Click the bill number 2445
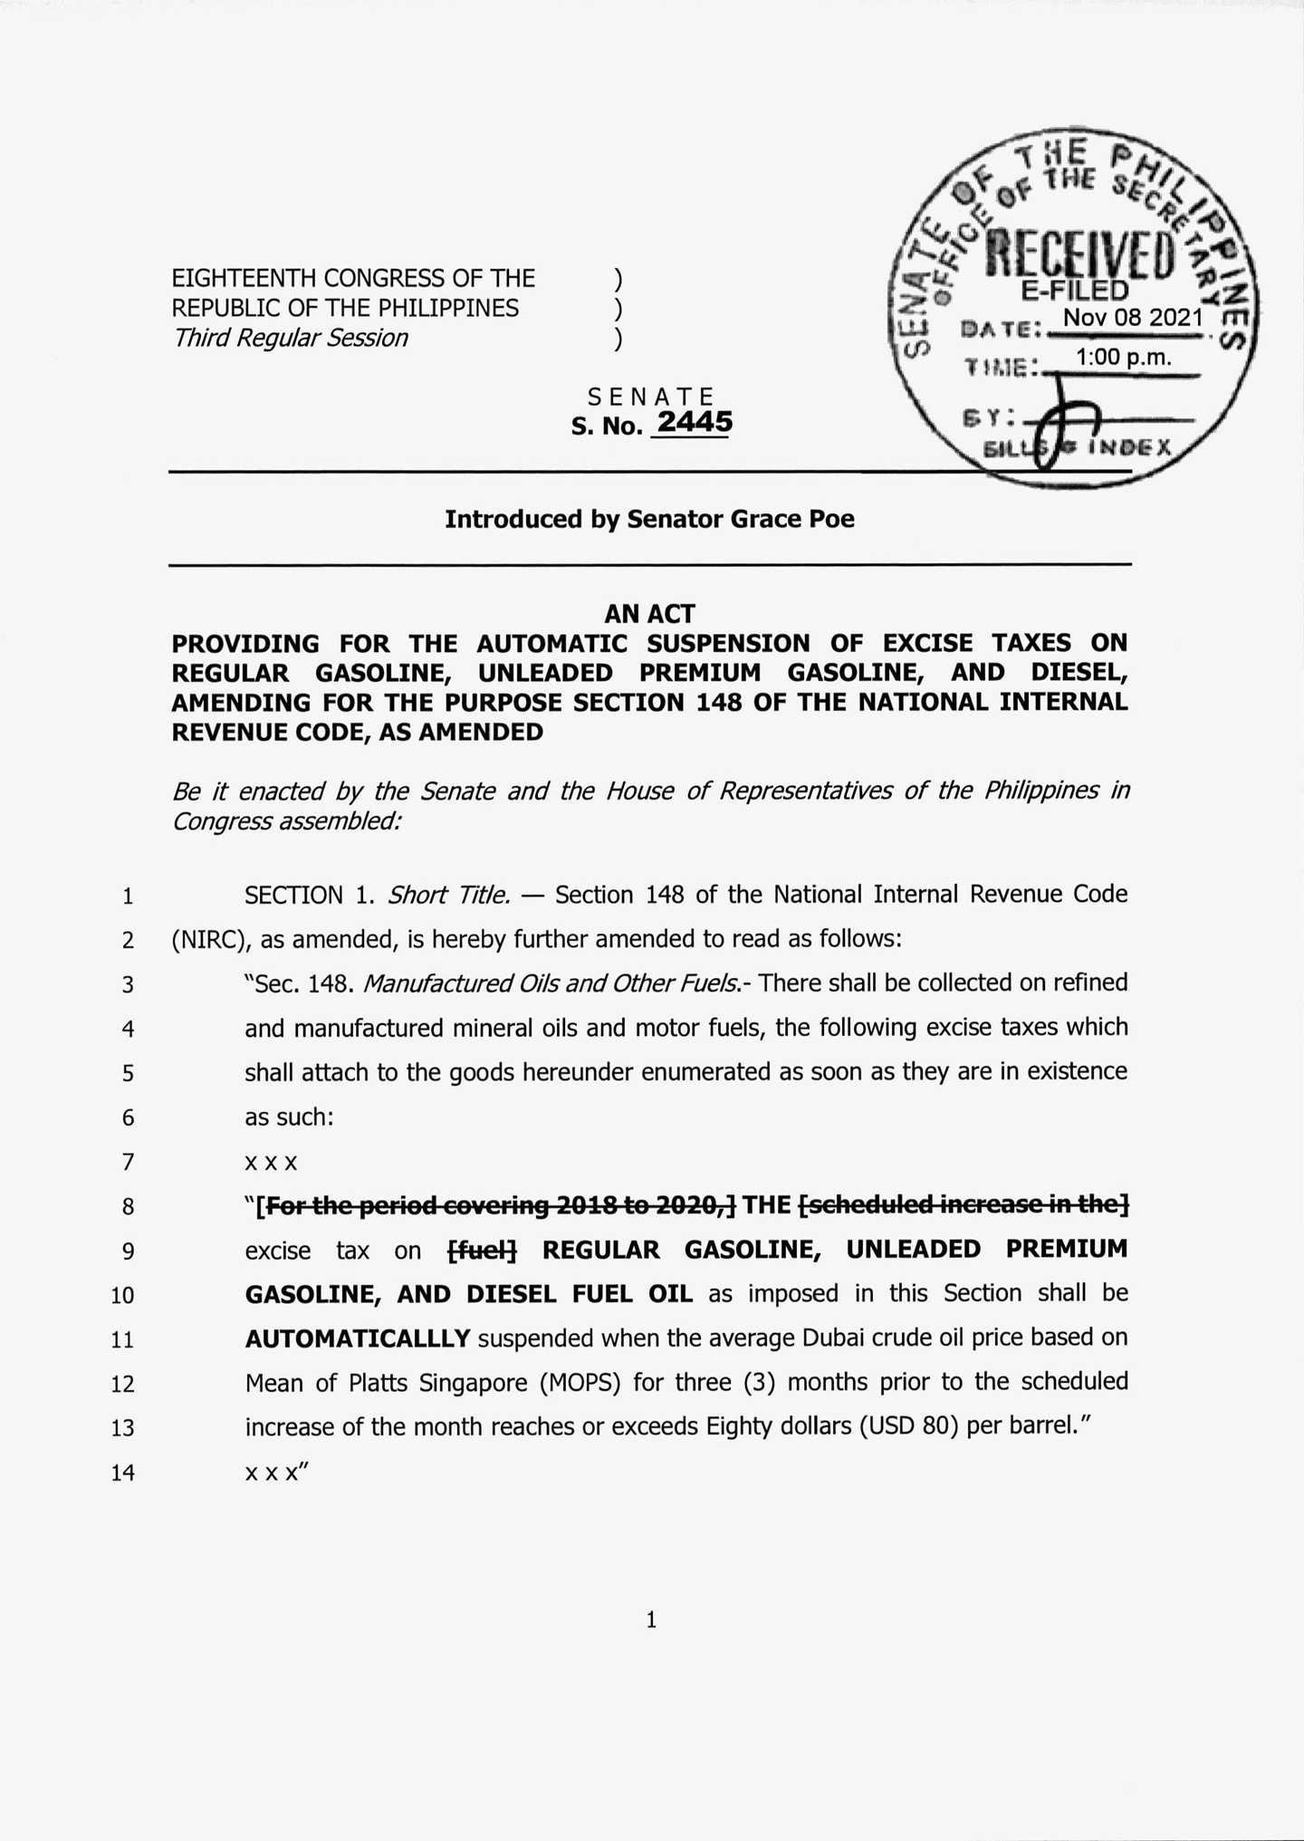pos(694,422)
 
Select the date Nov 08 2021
pos(1133,318)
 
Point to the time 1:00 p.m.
pos(1123,358)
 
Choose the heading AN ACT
pos(649,614)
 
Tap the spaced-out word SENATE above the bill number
pos(651,397)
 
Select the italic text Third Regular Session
pos(290,338)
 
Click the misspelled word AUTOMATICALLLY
pos(358,1338)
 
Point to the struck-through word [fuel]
pos(483,1250)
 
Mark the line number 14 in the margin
pos(122,1473)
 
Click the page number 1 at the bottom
pos(651,1620)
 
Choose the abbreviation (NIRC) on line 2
pos(212,939)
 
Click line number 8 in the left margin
pos(128,1207)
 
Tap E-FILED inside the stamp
pos(1075,291)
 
